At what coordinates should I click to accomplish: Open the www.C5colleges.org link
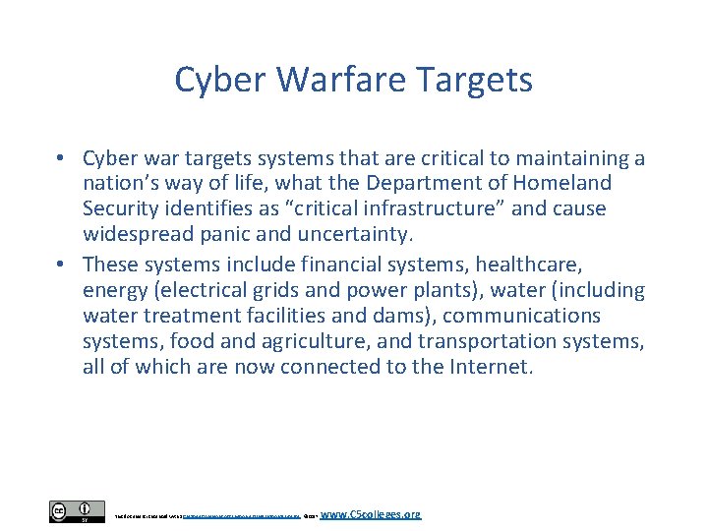(x=371, y=514)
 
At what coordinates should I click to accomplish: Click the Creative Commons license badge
(x=77, y=511)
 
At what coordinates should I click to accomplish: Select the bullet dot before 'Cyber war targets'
(x=60, y=158)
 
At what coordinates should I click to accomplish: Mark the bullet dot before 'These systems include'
(x=60, y=264)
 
